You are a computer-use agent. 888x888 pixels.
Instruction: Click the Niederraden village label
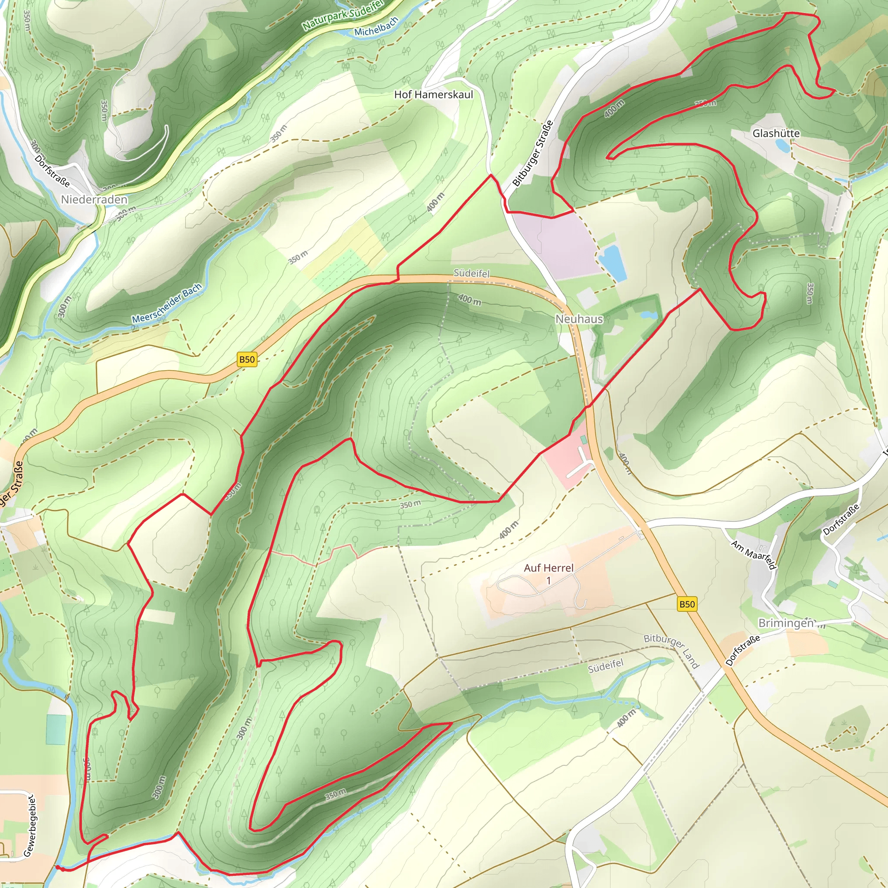[x=94, y=199]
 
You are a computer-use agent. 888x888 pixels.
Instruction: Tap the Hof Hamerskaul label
[x=434, y=95]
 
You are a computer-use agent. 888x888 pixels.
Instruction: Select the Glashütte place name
[x=776, y=133]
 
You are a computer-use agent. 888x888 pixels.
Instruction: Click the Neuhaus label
[x=579, y=319]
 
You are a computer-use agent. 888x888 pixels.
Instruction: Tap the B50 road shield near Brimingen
[x=687, y=604]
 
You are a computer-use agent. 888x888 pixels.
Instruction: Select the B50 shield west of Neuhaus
[x=247, y=359]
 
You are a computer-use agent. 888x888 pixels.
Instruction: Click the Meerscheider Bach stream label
[x=166, y=304]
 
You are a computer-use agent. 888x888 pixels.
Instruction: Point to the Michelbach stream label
[x=375, y=26]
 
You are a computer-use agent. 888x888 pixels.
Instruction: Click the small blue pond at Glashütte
[x=782, y=146]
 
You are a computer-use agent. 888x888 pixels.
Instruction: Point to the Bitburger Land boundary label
[x=671, y=651]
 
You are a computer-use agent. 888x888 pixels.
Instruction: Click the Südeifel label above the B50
[x=472, y=273]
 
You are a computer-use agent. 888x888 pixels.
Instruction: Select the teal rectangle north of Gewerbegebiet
[x=55, y=729]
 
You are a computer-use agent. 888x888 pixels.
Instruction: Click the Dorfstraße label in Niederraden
[x=52, y=171]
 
